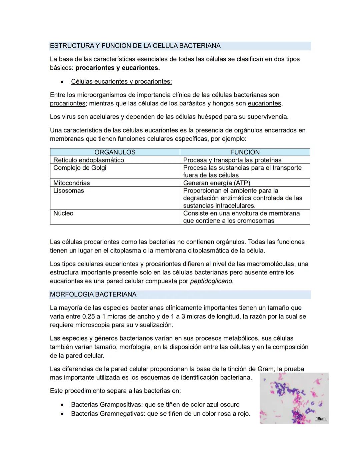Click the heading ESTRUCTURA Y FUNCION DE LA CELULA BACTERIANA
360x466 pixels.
[135, 46]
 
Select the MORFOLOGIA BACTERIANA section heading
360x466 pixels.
[93, 295]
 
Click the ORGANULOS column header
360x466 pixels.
[115, 152]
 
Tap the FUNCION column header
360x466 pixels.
[245, 152]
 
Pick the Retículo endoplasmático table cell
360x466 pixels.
[89, 160]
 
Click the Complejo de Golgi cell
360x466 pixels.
[80, 168]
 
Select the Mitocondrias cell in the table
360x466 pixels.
[71, 183]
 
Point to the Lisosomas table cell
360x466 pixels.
[68, 191]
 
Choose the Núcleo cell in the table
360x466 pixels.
[63, 213]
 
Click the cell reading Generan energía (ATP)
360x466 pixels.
[216, 183]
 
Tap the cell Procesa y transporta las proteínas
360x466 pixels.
[232, 160]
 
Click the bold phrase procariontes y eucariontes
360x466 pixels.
[118, 68]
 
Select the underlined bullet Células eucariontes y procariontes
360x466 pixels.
[121, 82]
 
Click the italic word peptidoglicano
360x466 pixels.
[212, 281]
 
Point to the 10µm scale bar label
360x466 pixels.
[320, 418]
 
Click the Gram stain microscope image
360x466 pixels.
[294, 398]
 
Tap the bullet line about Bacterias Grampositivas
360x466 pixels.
[155, 405]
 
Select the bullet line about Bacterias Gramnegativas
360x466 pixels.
[160, 414]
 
